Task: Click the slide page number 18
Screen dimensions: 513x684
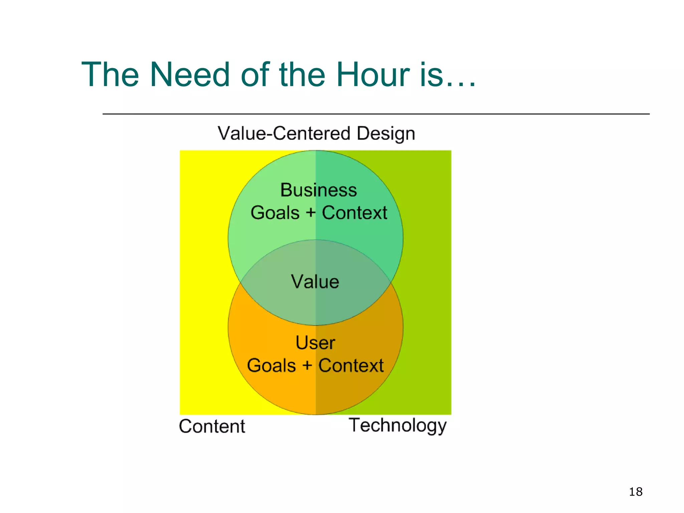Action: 636,492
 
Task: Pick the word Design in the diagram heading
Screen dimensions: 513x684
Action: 386,134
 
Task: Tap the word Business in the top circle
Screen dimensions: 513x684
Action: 319,190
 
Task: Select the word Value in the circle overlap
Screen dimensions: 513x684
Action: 315,282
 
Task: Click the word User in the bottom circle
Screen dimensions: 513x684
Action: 315,343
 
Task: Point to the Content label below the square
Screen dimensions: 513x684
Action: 212,426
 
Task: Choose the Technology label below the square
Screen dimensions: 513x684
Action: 397,425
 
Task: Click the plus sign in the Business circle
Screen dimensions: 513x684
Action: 311,212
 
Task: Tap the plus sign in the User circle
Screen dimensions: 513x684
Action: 307,365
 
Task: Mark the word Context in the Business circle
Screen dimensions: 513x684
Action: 354,213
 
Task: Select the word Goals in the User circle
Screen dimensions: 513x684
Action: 272,365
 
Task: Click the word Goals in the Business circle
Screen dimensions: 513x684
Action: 275,213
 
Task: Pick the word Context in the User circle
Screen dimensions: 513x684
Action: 351,365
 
